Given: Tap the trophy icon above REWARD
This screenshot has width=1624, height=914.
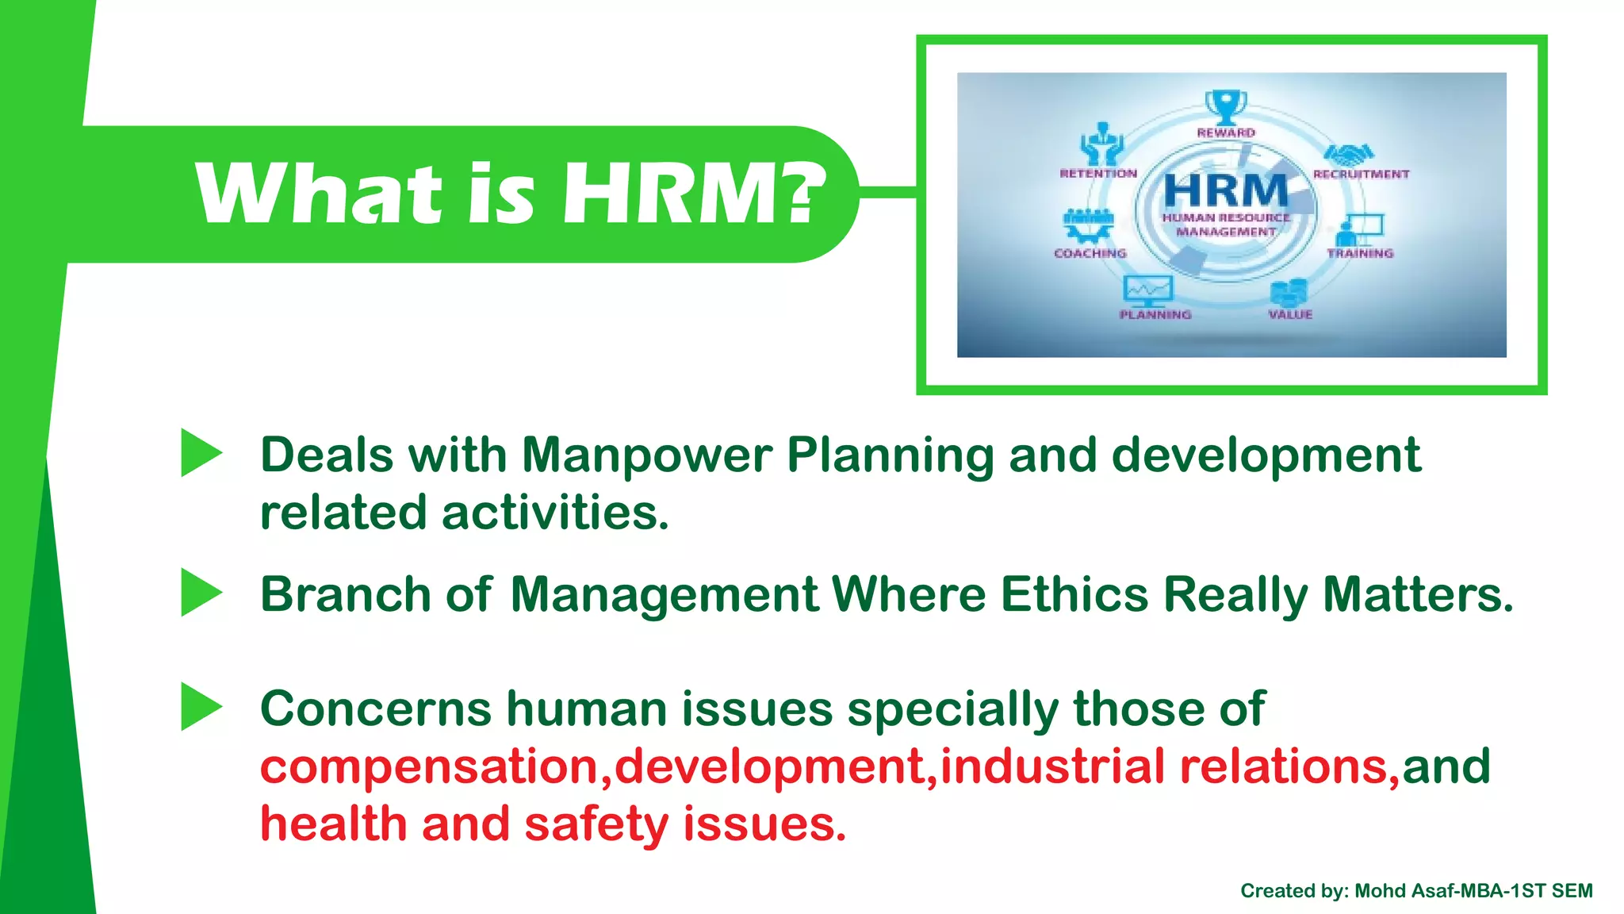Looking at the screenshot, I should [1225, 106].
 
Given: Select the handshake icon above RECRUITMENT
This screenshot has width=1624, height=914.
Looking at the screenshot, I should [1348, 153].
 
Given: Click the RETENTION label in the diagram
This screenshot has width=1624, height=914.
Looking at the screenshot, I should [1098, 174].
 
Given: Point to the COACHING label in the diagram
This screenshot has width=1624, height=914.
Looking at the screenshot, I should [1090, 253].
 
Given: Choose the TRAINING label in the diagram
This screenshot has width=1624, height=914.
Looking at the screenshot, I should [1360, 253].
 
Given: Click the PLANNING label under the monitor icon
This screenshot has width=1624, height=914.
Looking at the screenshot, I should [1155, 315].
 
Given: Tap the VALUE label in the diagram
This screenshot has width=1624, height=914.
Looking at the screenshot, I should [1290, 315].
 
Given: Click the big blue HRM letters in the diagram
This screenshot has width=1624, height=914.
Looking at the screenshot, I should [1226, 191].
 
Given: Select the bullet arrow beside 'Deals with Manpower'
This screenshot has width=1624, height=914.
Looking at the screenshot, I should [201, 453].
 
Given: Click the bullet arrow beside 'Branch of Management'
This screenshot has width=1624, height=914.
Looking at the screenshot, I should [201, 592].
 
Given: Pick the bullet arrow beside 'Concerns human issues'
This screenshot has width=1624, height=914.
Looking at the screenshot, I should [201, 706].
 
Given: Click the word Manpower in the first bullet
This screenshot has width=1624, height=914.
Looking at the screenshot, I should [646, 455].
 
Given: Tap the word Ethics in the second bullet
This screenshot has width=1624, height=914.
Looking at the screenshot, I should [1074, 594].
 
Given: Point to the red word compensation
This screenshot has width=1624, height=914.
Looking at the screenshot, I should [429, 766].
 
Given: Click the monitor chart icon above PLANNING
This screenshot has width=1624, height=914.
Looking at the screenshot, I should [1147, 291].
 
